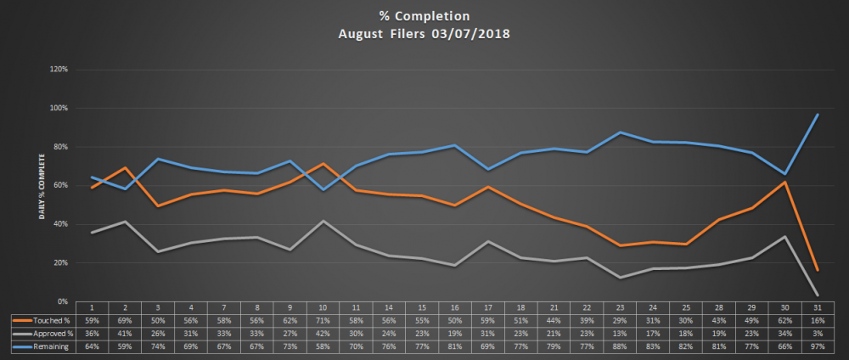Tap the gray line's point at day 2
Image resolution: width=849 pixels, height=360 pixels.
[x=127, y=222]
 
